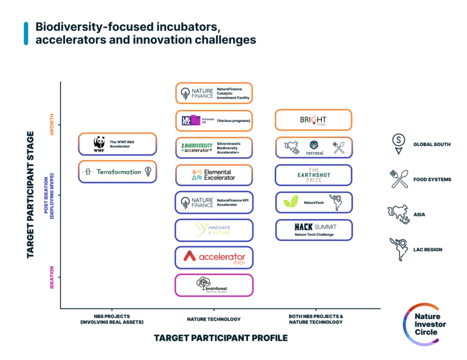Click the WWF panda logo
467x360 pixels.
99,144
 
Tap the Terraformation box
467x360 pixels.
117,171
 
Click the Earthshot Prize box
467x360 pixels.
313,175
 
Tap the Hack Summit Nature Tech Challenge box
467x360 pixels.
313,229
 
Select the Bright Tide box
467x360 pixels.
313,120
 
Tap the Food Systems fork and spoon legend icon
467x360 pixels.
399,179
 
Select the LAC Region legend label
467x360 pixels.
427,250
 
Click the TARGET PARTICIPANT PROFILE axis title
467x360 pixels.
220,338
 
